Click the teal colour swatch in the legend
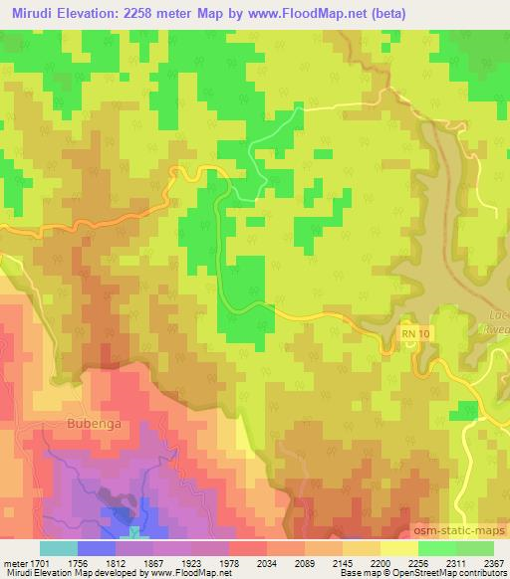tap(58, 548)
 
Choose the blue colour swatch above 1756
tap(97, 548)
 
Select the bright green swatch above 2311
tap(436, 548)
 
